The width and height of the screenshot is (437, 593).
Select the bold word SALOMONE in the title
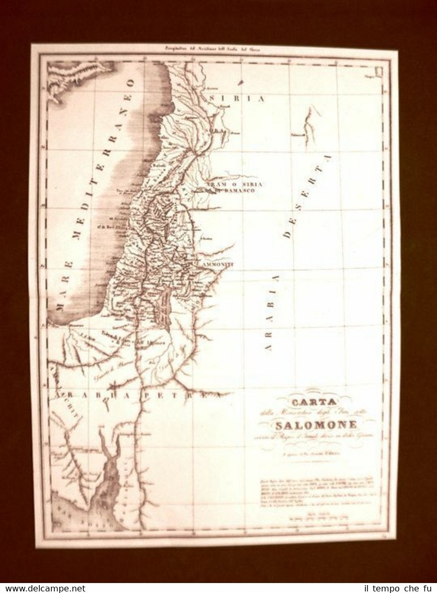pos(317,425)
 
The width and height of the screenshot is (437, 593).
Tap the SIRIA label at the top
pos(236,98)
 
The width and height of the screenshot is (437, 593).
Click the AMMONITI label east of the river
pos(215,265)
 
